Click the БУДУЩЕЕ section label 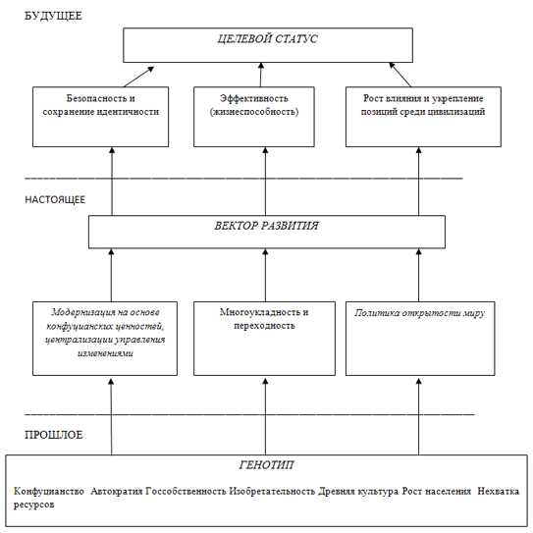[53, 16]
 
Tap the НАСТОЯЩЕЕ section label [55, 199]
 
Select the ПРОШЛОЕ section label [54, 435]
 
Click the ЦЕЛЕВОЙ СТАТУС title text [268, 39]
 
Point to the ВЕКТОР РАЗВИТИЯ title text [267, 226]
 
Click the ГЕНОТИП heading [267, 464]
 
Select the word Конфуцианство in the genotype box [49, 491]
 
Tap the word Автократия [117, 491]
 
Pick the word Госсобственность [186, 491]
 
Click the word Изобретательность [272, 491]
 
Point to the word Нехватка [499, 491]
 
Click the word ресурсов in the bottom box [34, 505]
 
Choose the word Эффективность [254, 98]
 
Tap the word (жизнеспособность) [254, 112]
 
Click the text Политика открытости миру [420, 313]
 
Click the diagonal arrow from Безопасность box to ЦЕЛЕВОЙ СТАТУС [138, 77]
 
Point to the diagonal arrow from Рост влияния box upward [400, 75]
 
